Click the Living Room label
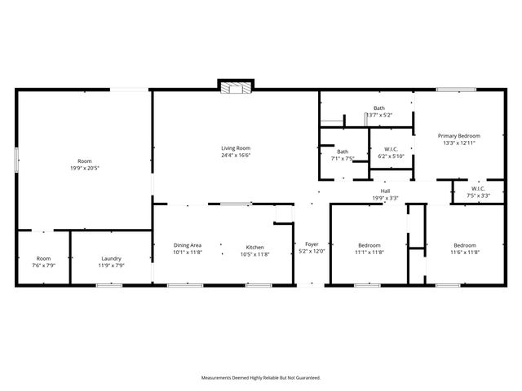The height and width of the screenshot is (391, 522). tap(236, 148)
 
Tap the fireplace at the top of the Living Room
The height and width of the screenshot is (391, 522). tap(236, 86)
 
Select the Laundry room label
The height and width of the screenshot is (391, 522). tap(111, 258)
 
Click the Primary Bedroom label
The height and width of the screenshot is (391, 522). tap(458, 135)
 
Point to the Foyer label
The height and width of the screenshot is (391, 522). tap(312, 244)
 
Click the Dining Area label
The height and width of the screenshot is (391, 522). tap(188, 245)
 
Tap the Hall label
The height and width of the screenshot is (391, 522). tap(385, 191)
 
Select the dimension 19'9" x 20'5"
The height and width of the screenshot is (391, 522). tap(85, 169)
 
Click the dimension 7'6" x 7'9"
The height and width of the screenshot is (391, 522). tap(43, 265)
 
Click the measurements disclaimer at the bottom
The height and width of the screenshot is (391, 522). tap(261, 377)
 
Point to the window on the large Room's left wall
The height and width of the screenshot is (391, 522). tap(16, 159)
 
